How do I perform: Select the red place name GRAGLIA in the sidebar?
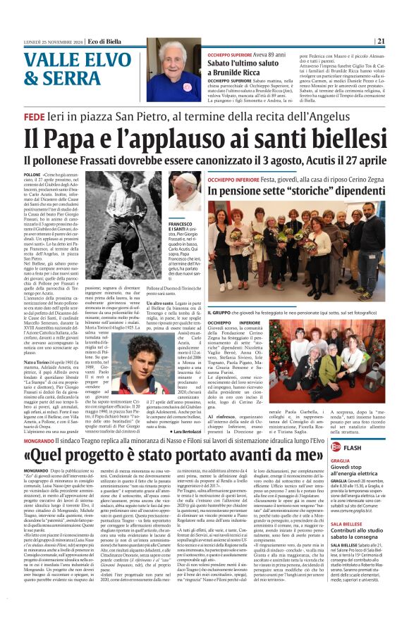click(338, 443)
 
